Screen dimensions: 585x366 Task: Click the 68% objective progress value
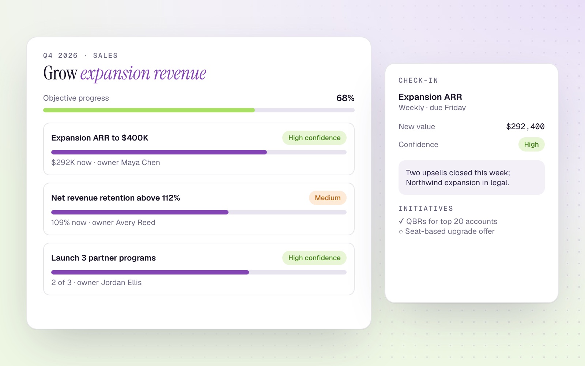[x=345, y=98]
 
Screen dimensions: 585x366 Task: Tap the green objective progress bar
[x=149, y=110]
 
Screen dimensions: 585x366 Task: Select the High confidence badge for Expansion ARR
[x=314, y=138]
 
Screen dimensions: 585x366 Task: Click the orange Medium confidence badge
[x=328, y=198]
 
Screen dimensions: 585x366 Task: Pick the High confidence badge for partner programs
[x=314, y=258]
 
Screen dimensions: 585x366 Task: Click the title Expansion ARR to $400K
[x=100, y=138]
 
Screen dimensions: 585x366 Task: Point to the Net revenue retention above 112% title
[x=116, y=198]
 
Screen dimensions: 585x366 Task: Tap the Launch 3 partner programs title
[x=103, y=258]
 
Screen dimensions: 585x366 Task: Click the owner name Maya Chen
[x=140, y=163]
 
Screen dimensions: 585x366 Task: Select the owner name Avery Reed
[x=136, y=223]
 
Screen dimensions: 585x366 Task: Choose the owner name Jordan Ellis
[x=121, y=283]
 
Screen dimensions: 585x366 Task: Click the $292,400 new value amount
[x=525, y=127]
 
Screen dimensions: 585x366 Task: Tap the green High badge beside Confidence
[x=532, y=144]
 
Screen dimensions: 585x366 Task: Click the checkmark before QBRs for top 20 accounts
[x=401, y=221]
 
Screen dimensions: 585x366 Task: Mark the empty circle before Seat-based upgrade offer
[x=401, y=232]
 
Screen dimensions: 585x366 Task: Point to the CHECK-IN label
[x=418, y=81]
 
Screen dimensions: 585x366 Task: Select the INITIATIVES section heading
[x=426, y=209]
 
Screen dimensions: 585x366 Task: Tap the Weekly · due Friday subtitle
[x=432, y=108]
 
